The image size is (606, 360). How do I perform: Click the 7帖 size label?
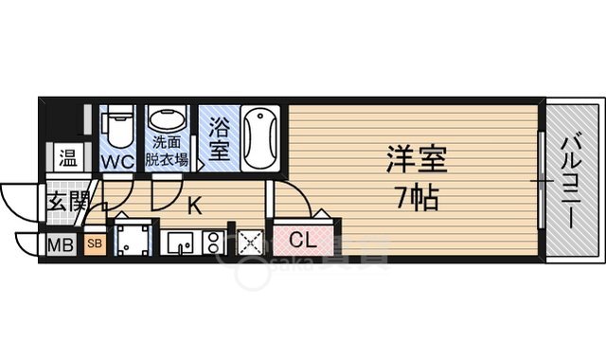point(417,200)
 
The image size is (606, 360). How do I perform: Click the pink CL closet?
point(303,241)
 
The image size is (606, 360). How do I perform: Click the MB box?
point(62,246)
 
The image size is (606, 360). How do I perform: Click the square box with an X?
point(249,243)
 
